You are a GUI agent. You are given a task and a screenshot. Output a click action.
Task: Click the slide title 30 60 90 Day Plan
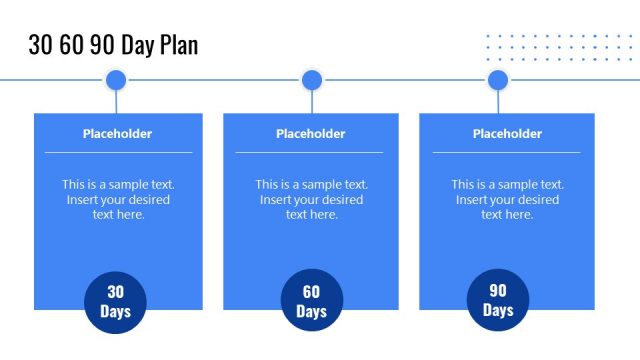click(113, 45)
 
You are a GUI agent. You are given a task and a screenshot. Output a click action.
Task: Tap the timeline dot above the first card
click(116, 80)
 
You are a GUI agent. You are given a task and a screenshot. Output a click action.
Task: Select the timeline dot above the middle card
click(312, 80)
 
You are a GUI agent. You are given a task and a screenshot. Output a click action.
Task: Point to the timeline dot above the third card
click(498, 80)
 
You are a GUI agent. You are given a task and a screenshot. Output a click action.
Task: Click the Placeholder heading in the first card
click(118, 134)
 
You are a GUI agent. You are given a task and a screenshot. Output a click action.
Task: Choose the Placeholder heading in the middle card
click(311, 134)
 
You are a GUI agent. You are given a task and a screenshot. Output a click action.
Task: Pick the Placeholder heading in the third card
click(507, 134)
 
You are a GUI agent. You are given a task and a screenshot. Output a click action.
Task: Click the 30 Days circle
click(116, 301)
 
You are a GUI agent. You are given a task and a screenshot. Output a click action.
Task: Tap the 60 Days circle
click(312, 301)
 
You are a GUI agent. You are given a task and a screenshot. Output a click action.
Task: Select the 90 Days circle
click(498, 300)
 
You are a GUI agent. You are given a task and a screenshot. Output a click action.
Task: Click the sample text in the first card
click(118, 199)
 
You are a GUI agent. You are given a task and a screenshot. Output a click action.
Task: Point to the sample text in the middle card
click(311, 199)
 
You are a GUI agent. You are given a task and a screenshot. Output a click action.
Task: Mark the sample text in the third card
click(507, 199)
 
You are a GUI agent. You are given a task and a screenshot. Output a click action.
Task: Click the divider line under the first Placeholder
click(118, 153)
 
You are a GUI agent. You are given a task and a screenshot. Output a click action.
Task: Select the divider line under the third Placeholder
click(506, 153)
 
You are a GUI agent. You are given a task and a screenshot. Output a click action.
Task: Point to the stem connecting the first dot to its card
click(116, 102)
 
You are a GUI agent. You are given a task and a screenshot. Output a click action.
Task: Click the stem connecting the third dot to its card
click(498, 102)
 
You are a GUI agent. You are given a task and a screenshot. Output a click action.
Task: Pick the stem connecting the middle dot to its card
click(312, 102)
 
